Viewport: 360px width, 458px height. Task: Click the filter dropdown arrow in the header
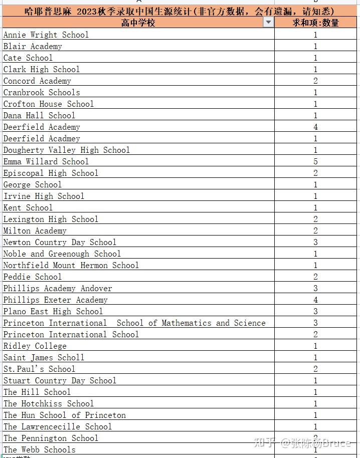(x=269, y=23)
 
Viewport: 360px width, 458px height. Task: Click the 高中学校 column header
(x=138, y=23)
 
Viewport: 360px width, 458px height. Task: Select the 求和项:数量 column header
(x=316, y=23)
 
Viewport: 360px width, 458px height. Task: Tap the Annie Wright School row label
(x=46, y=35)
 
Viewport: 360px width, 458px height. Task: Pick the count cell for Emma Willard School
(x=316, y=161)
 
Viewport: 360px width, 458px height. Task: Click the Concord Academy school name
(x=38, y=81)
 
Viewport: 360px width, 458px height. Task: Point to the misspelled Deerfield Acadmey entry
(x=42, y=138)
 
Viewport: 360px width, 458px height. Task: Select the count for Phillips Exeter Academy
(x=316, y=300)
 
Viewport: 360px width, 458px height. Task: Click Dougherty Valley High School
(x=67, y=150)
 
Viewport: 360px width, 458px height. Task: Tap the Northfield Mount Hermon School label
(x=71, y=265)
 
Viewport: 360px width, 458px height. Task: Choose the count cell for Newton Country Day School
(x=316, y=242)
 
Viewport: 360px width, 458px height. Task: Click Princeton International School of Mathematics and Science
(x=134, y=323)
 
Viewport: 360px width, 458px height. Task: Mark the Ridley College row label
(x=35, y=346)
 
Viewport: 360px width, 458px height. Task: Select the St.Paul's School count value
(x=316, y=369)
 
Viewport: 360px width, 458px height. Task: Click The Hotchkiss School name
(x=49, y=403)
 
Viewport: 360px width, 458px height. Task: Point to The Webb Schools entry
(x=40, y=449)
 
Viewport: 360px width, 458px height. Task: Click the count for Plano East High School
(x=316, y=311)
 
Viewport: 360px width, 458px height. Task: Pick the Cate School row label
(x=28, y=58)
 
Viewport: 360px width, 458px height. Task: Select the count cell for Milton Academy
(x=316, y=231)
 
